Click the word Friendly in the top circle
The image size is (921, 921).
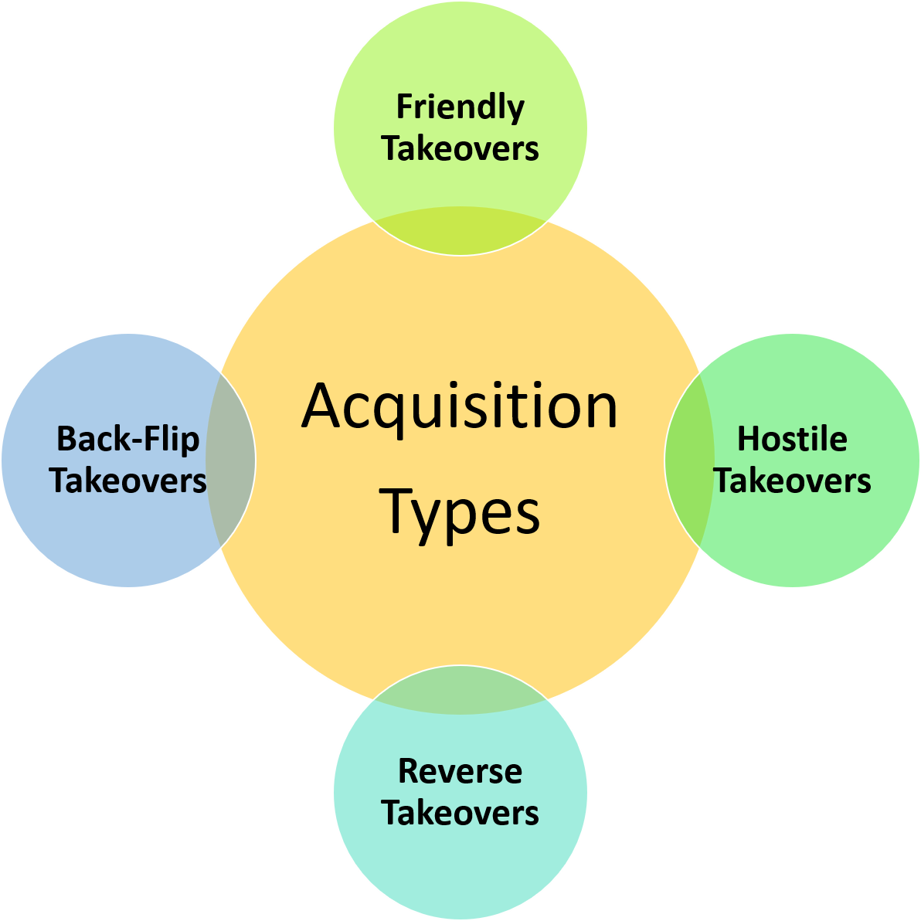point(460,107)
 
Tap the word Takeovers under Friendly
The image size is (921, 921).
point(460,148)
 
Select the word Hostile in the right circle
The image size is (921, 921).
point(792,439)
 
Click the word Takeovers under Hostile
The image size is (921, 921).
point(792,481)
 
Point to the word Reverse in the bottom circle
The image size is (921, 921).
point(460,771)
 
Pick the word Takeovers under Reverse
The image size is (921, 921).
point(460,813)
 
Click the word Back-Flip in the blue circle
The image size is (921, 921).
point(128,439)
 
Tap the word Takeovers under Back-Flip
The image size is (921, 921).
point(128,481)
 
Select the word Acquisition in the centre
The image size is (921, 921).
point(460,407)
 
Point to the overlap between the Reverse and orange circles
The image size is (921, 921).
point(460,691)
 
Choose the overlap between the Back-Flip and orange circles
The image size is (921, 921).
point(230,460)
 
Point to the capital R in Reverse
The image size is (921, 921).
point(408,771)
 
